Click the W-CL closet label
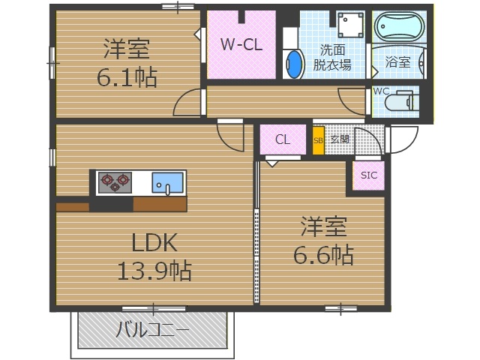[241, 44]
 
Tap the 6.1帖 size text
[126, 77]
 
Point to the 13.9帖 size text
[154, 269]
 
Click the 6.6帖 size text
[322, 254]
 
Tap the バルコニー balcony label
[152, 329]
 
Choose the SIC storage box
[369, 175]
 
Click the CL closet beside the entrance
[282, 139]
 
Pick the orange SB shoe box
[318, 140]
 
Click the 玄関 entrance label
[339, 139]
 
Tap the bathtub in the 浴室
[398, 31]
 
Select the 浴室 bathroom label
[397, 62]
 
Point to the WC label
[381, 91]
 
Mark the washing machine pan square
[350, 26]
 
